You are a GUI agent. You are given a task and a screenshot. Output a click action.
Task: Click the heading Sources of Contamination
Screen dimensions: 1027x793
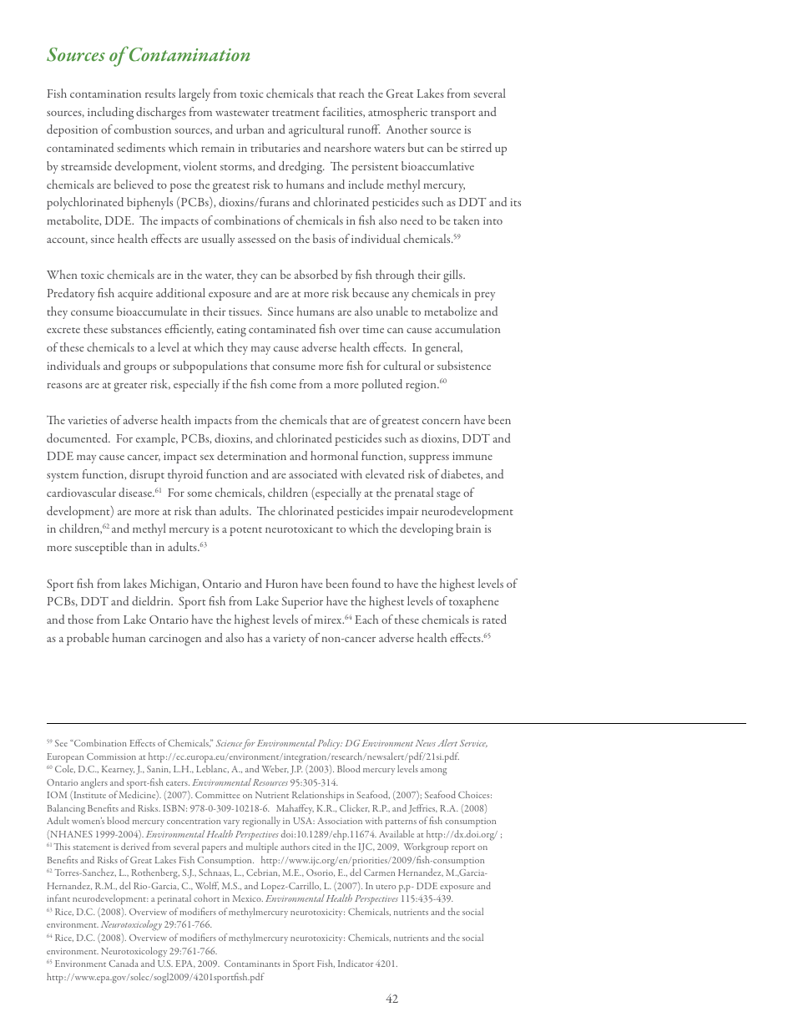click(x=149, y=55)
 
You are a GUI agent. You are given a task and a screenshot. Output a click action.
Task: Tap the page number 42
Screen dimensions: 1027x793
click(x=392, y=999)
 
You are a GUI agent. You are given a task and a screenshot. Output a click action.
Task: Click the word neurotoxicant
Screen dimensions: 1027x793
click(x=268, y=529)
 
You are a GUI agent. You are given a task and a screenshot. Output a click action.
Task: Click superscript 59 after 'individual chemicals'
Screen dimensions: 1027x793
click(x=457, y=237)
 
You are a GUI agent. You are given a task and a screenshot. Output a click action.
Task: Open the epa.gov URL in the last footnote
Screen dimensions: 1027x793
click(x=154, y=977)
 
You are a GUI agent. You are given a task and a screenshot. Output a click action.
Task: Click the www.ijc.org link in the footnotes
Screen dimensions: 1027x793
click(x=372, y=860)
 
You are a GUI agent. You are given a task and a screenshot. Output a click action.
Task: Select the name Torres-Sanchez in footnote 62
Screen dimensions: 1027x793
click(x=83, y=873)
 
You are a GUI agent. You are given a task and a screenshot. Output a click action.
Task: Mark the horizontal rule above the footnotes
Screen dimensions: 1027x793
click(x=396, y=723)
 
